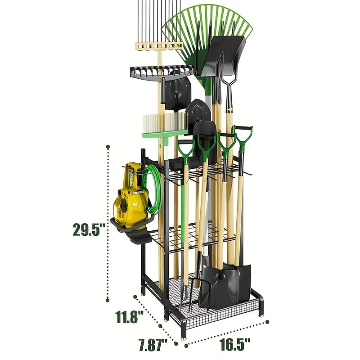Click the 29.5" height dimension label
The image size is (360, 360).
point(89,229)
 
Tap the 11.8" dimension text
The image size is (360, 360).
point(128,317)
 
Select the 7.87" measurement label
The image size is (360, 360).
point(152,346)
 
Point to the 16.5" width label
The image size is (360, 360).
point(235,345)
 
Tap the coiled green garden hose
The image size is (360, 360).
point(153,189)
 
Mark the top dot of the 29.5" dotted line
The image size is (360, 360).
point(108,146)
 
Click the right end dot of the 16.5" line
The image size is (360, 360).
point(268,321)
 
